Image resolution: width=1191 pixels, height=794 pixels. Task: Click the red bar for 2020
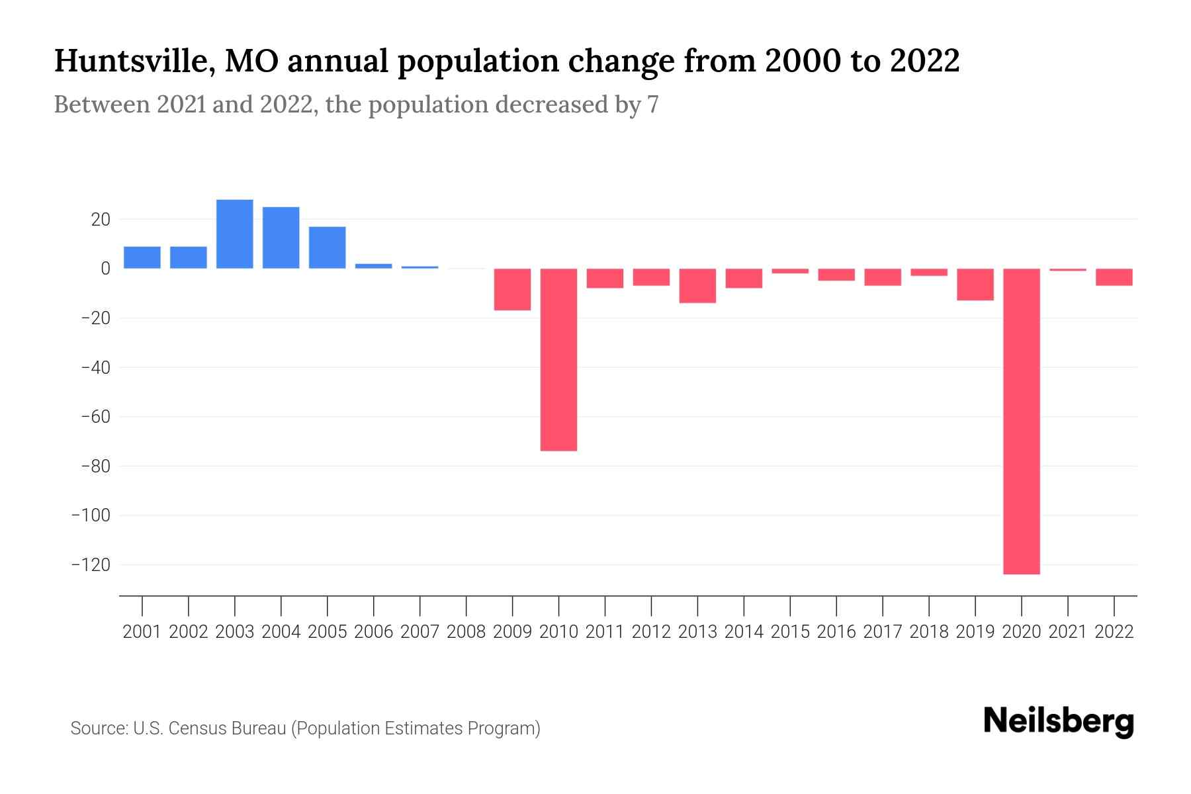pyautogui.click(x=1022, y=421)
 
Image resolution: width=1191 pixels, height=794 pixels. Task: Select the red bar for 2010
pyautogui.click(x=558, y=359)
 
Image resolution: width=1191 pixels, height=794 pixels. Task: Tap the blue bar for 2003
pyautogui.click(x=235, y=234)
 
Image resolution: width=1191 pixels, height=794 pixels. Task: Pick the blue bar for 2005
pyautogui.click(x=328, y=247)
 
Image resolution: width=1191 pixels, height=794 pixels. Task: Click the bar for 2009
pyautogui.click(x=512, y=289)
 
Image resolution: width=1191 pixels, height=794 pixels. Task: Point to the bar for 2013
pyautogui.click(x=697, y=286)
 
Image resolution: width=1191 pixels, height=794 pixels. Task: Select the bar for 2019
pyautogui.click(x=975, y=285)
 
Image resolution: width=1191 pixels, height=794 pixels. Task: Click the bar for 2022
pyautogui.click(x=1114, y=277)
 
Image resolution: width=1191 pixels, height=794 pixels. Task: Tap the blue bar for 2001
pyautogui.click(x=142, y=257)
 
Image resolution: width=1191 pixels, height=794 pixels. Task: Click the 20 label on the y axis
pyautogui.click(x=101, y=219)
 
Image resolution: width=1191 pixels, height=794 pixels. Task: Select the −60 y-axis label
pyautogui.click(x=95, y=417)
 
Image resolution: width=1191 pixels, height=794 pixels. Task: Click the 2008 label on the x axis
pyautogui.click(x=466, y=632)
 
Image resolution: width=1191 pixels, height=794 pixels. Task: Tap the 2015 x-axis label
pyautogui.click(x=790, y=632)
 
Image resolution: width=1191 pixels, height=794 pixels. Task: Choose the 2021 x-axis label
pyautogui.click(x=1068, y=632)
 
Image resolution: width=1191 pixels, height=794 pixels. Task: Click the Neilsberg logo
pyautogui.click(x=1059, y=721)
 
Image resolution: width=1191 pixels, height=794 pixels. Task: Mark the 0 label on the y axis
pyautogui.click(x=105, y=269)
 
